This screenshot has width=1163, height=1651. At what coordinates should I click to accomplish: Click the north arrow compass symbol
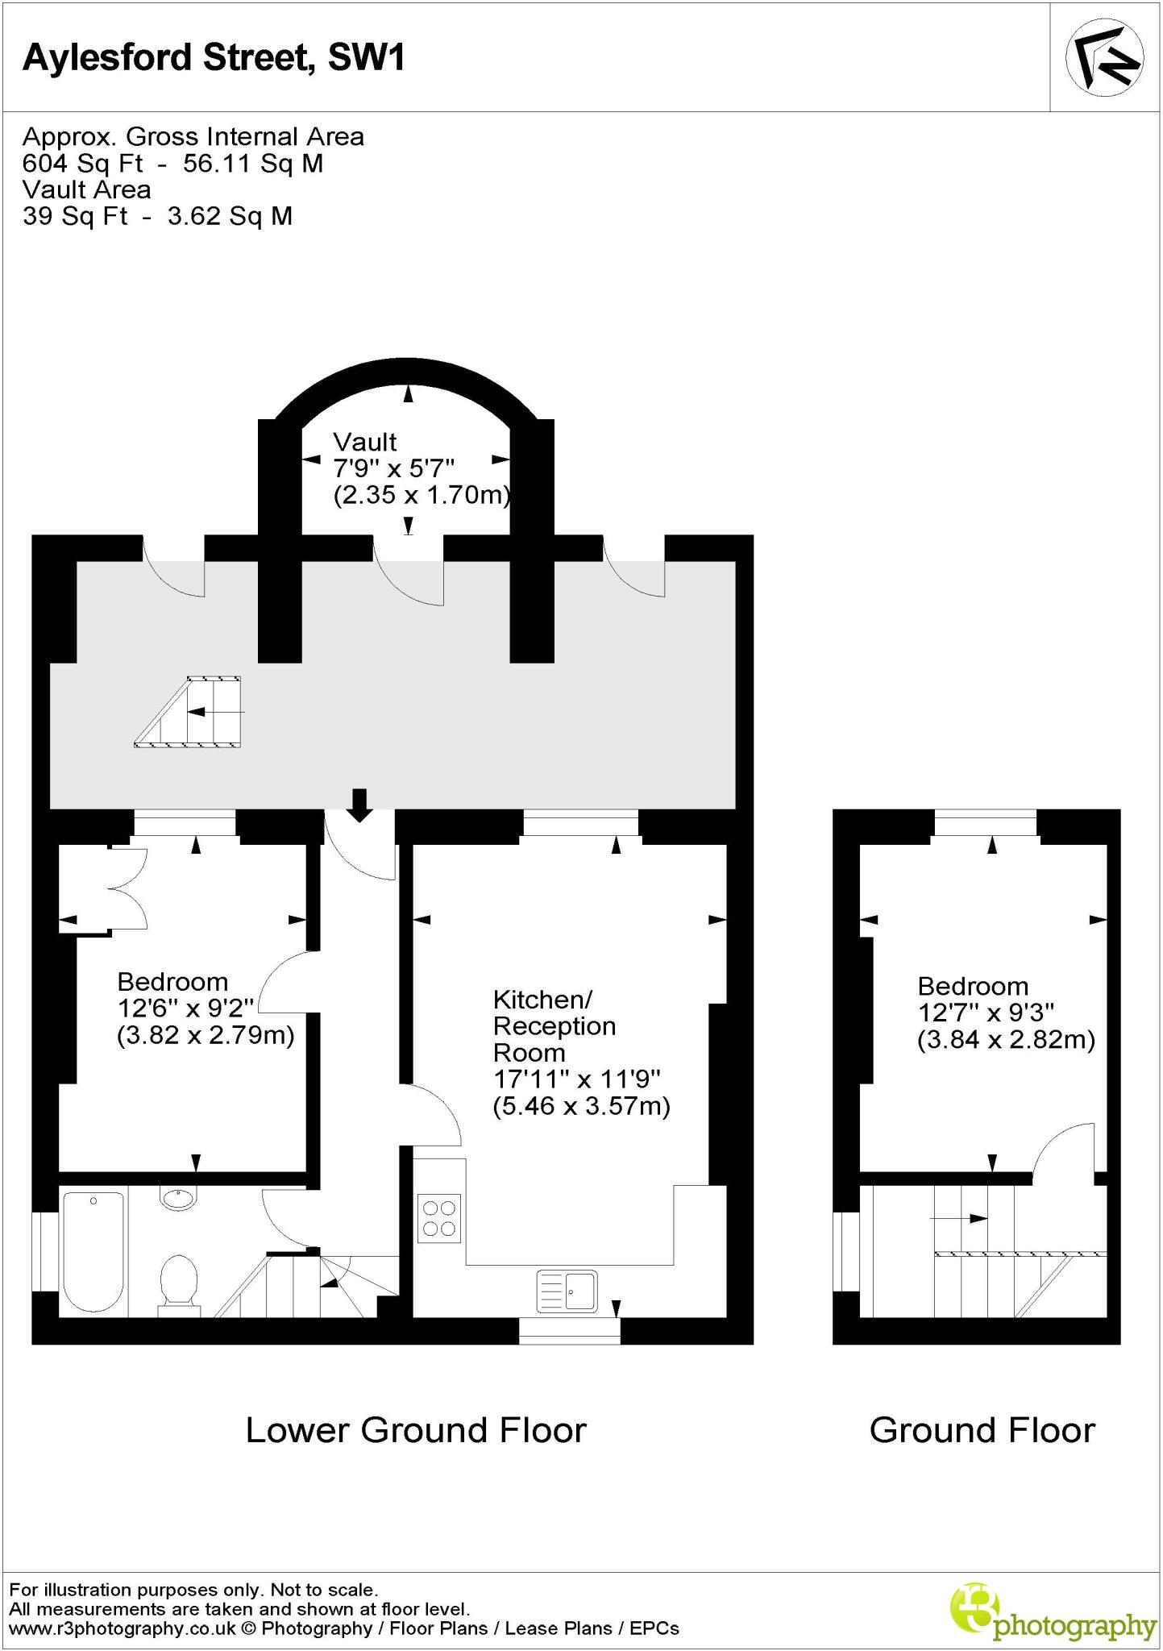1104,57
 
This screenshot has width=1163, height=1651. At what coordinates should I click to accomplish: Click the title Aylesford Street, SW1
214,58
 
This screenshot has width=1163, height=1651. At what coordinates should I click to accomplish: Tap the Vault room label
365,442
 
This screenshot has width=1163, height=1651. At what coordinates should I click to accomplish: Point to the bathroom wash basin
178,1198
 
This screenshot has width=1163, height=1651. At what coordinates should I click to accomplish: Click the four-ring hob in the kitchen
439,1218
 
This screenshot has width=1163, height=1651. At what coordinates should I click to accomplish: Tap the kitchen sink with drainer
567,1291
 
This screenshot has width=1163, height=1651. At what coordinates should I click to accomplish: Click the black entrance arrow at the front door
359,805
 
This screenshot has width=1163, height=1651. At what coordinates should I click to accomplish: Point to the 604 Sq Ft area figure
83,164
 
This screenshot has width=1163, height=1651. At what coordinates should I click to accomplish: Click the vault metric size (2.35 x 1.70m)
422,494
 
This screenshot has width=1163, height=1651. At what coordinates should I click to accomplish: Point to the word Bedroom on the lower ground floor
172,982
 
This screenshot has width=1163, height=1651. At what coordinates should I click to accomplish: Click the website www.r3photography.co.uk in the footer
123,1628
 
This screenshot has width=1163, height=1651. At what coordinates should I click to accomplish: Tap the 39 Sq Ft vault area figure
75,216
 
